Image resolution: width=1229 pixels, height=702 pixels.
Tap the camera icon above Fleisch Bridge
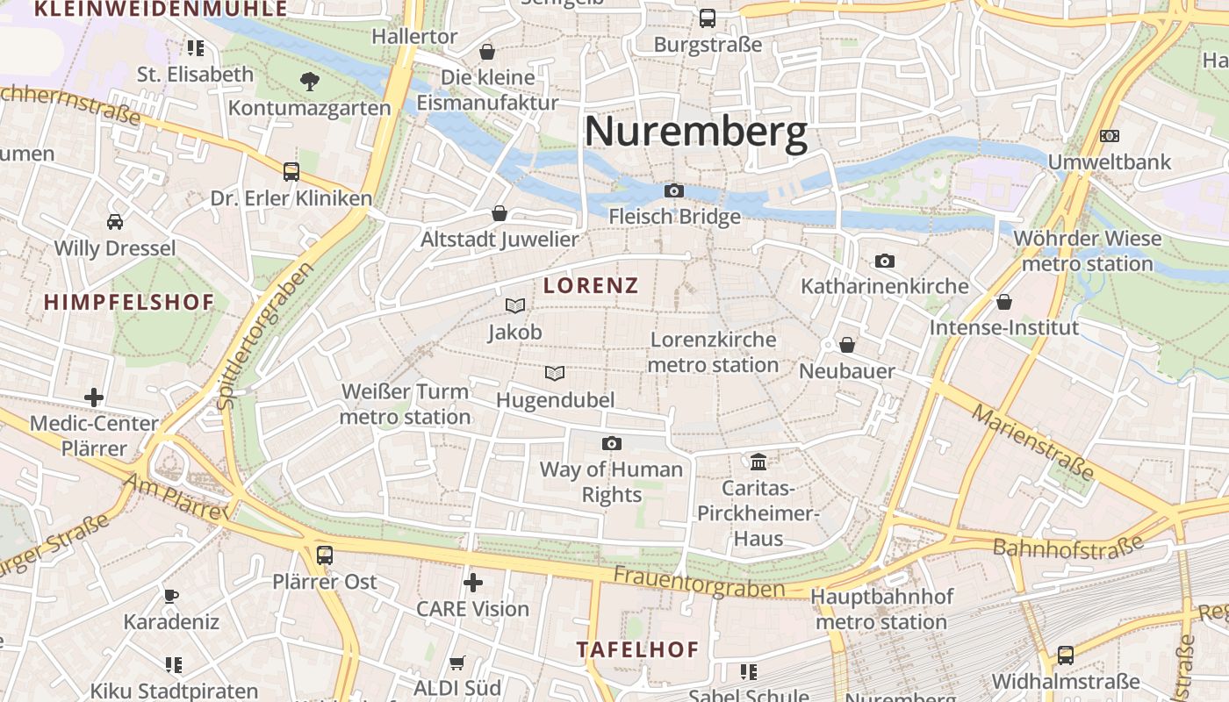coord(673,190)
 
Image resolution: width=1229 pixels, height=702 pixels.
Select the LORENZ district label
coord(591,285)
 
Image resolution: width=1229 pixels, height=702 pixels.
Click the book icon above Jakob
coord(515,305)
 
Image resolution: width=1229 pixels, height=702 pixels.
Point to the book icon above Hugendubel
coord(554,373)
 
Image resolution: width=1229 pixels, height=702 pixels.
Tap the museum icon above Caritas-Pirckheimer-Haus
coord(758,461)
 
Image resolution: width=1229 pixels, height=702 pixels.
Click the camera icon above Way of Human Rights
coord(612,443)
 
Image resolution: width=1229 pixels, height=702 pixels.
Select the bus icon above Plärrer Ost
coord(325,555)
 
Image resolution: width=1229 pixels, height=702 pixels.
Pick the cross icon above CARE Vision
coord(473,582)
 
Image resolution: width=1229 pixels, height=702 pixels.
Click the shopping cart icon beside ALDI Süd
coord(456,663)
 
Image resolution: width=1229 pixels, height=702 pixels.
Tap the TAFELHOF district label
coord(638,650)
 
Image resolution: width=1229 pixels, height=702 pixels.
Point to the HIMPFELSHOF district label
coord(129,303)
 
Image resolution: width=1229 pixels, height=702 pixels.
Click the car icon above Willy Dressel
coord(115,221)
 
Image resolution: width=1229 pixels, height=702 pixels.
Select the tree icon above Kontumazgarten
coord(309,82)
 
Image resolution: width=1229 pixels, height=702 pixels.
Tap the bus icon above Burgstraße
coord(708,18)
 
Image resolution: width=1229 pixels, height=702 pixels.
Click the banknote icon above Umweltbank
coord(1110,136)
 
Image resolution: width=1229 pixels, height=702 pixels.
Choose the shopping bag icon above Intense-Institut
coord(1004,302)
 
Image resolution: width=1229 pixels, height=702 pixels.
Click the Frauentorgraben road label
coord(699,582)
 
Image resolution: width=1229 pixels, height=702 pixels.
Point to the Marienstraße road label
coord(1033,443)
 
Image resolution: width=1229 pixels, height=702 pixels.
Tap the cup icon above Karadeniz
coord(171,596)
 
